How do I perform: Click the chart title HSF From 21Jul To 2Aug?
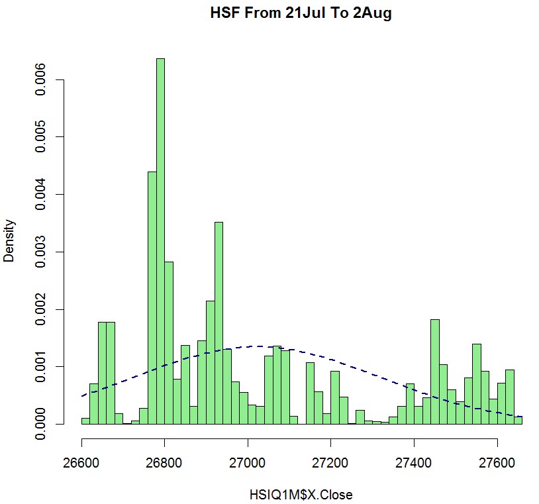[301, 13]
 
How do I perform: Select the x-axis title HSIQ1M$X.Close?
[301, 495]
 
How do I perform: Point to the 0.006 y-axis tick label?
[41, 80]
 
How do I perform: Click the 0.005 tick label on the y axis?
[41, 137]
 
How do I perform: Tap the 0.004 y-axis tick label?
[41, 195]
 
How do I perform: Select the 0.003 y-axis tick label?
[41, 252]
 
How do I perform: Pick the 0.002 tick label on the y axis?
[41, 309]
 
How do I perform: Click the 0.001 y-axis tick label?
[41, 367]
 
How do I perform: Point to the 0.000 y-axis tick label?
[41, 424]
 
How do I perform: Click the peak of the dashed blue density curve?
[260, 346]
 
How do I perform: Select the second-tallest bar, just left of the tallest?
[152, 298]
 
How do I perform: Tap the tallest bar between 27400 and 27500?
[434, 372]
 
